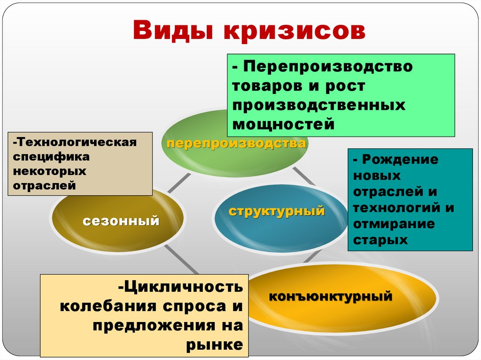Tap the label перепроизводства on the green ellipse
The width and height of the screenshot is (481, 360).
236,143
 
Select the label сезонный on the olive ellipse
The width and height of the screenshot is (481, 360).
121,220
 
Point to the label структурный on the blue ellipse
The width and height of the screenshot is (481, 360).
277,211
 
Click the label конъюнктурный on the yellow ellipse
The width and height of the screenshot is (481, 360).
330,296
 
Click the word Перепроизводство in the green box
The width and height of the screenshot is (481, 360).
328,66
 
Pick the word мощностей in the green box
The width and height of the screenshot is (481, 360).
283,124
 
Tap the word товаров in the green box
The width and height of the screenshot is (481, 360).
268,85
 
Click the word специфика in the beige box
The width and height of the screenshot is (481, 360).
45,156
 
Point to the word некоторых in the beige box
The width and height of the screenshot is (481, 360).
50,171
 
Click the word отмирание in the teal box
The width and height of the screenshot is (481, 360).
394,224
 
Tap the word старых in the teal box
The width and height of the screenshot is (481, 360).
380,240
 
